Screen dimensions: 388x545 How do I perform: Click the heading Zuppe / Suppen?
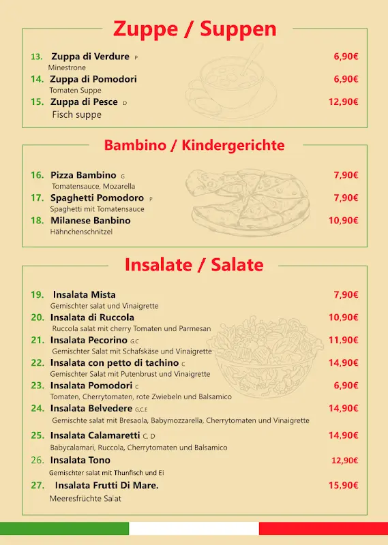[194, 29]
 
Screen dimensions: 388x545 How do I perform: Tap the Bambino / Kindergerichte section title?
[194, 145]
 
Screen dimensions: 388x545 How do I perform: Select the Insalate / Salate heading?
[194, 264]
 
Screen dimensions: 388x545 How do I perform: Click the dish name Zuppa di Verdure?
[90, 57]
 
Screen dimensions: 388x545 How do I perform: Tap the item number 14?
[37, 79]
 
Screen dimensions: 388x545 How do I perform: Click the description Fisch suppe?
[76, 114]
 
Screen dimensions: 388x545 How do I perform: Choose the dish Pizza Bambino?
[83, 175]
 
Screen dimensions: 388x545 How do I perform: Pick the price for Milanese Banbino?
[343, 220]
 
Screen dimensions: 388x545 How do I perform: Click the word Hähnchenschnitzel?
[81, 232]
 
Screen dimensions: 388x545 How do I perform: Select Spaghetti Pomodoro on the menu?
[97, 198]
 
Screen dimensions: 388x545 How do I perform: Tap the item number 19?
[37, 294]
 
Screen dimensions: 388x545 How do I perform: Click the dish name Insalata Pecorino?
[89, 340]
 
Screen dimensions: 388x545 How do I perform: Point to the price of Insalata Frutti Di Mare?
[343, 485]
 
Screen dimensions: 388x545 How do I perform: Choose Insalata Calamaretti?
[95, 435]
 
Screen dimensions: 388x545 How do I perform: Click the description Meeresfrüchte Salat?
[85, 499]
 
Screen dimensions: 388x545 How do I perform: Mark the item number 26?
[37, 461]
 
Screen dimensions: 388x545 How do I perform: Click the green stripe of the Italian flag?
[64, 529]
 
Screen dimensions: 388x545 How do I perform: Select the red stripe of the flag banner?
[323, 529]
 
